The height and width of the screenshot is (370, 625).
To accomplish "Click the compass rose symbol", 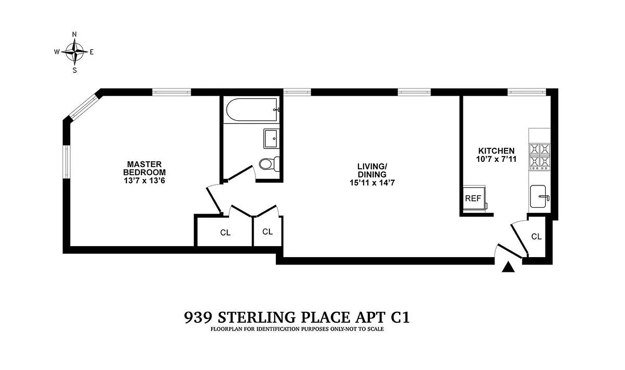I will tap(75, 52).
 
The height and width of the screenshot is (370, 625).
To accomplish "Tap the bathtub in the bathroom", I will tap(251, 110).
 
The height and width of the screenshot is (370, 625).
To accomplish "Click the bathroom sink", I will tap(271, 138).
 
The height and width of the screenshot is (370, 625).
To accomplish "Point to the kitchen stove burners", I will tap(540, 156).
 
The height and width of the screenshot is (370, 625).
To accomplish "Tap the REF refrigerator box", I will tap(474, 199).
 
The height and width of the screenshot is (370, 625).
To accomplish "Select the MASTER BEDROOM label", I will tap(144, 168).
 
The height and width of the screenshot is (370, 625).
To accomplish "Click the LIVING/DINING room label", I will tap(372, 170).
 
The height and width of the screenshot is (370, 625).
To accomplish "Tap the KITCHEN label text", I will tap(496, 151).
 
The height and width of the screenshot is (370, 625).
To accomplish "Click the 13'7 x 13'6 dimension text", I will tap(144, 180).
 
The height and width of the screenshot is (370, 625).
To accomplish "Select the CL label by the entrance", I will tap(536, 237).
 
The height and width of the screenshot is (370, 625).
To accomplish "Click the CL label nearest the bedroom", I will tap(225, 233).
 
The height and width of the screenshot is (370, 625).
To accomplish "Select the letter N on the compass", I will tap(75, 35).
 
